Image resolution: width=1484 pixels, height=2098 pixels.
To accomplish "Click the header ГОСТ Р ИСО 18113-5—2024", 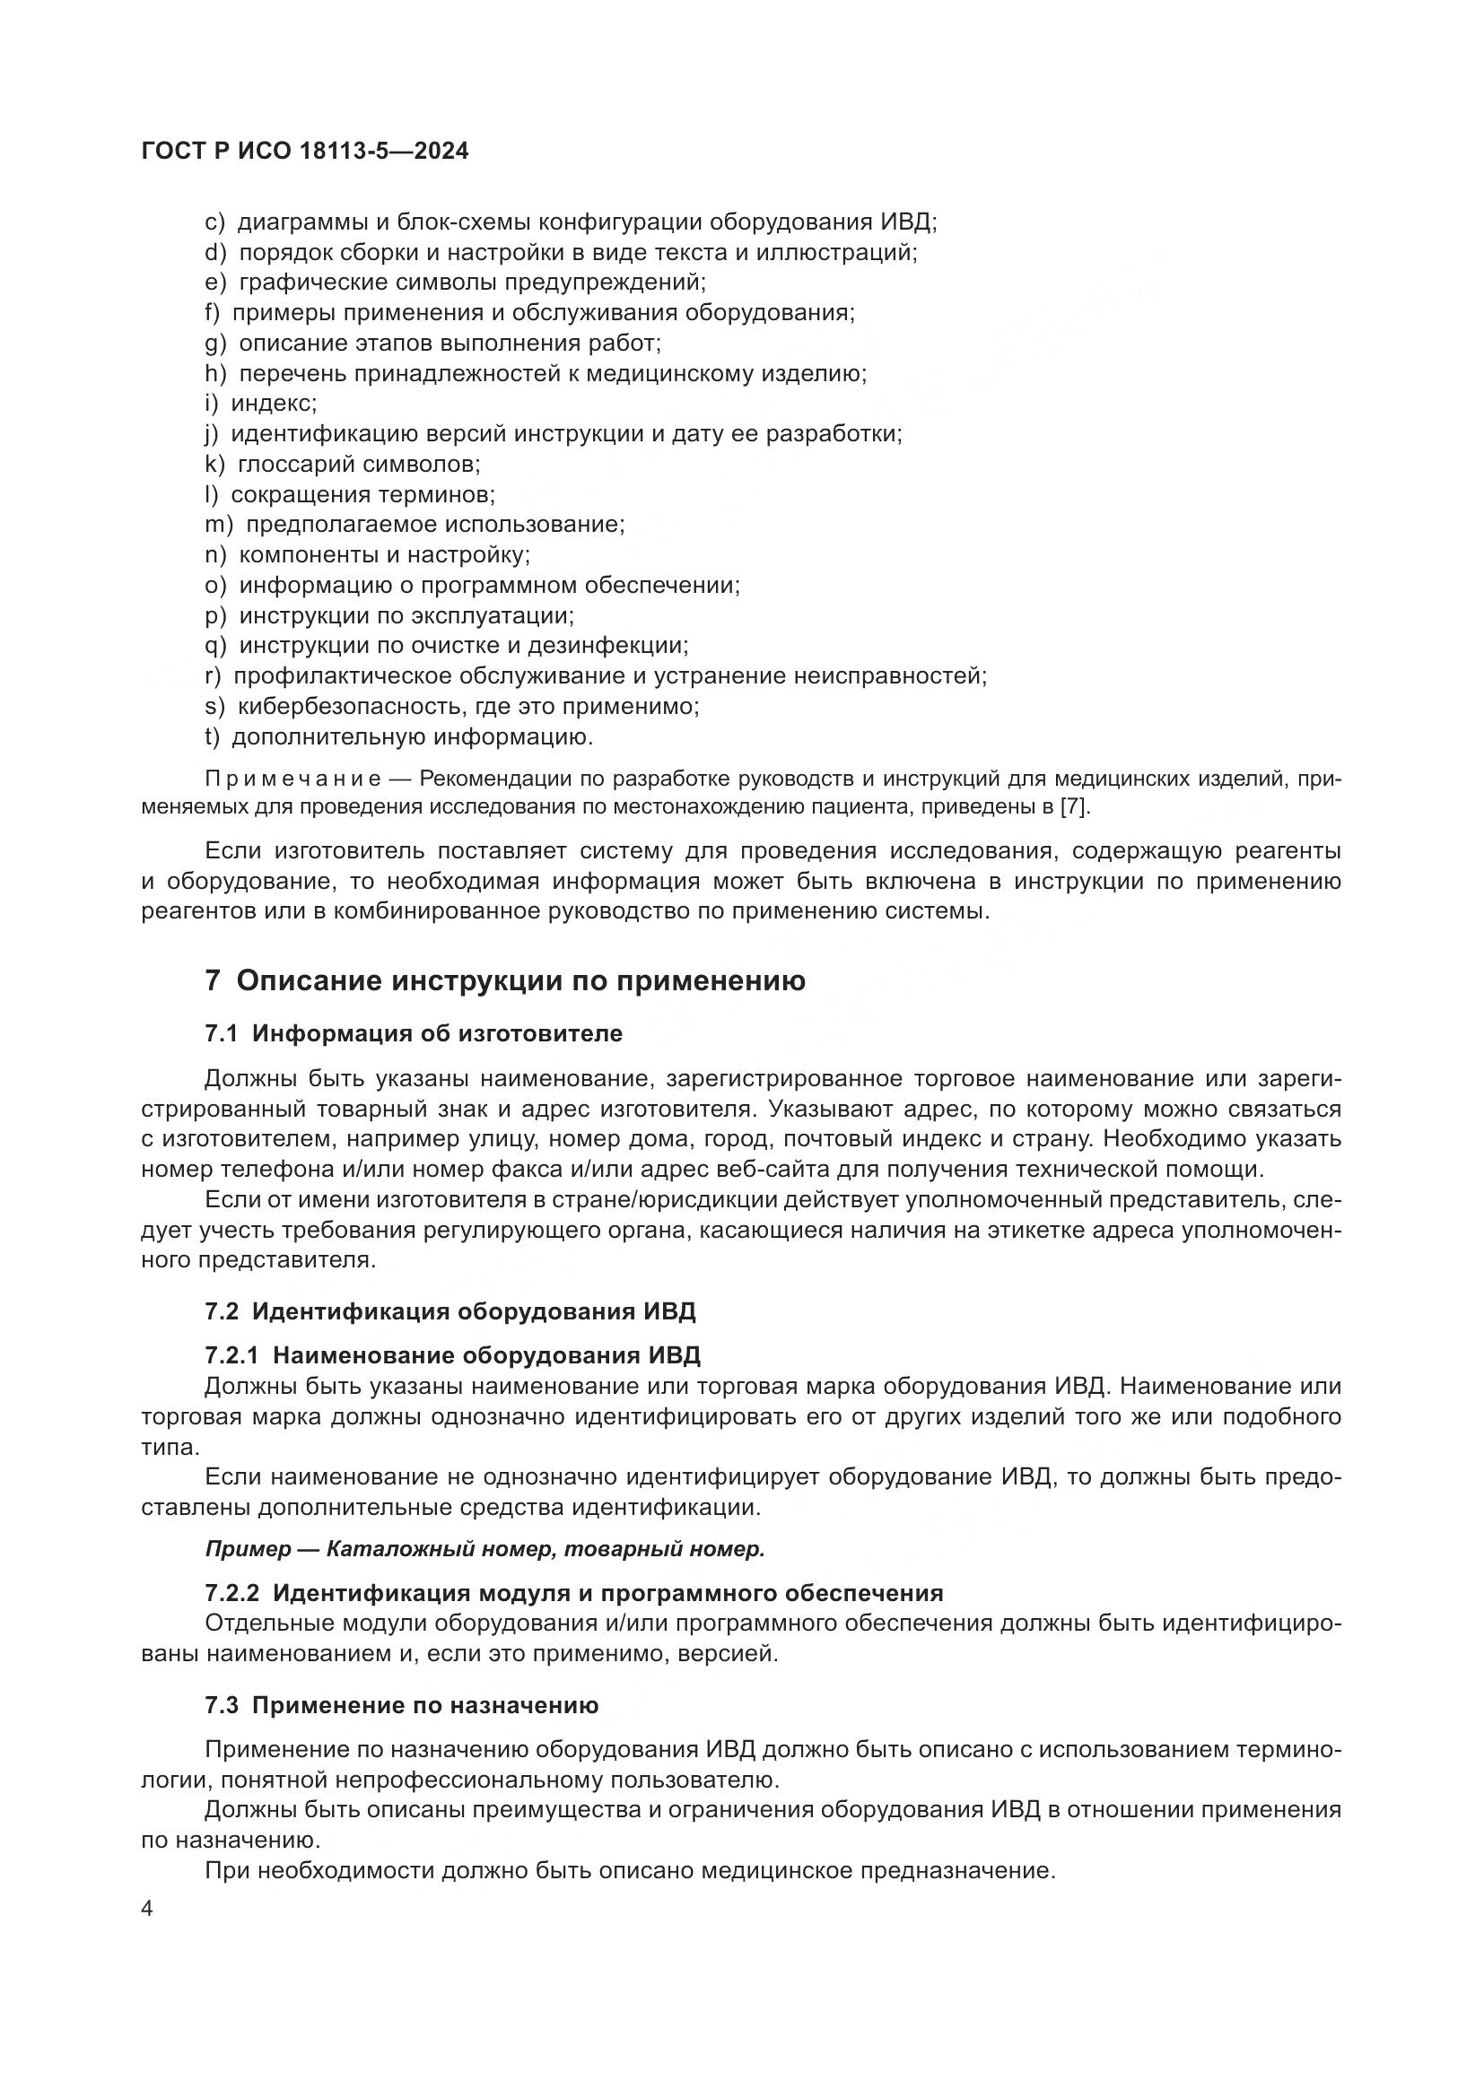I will click(x=305, y=152).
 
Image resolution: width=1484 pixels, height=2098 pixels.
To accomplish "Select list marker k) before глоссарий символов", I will click(x=214, y=465).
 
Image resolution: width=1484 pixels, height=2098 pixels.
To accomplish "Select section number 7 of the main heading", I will click(x=212, y=982).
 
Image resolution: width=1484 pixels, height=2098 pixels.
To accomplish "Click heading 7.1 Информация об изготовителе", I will click(x=413, y=1033).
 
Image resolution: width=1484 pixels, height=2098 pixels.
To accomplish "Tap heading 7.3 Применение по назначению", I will click(x=401, y=1705).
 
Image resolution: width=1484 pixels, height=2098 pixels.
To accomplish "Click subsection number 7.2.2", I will click(x=232, y=1594).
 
